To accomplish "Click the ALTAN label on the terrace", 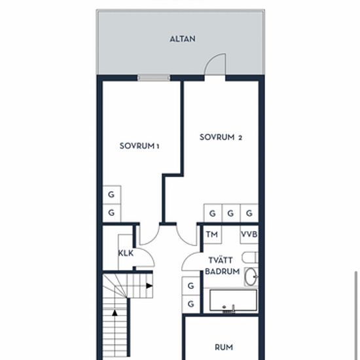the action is pos(183,39).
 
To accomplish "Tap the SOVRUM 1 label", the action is pos(139,146).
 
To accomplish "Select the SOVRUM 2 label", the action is pos(221,137).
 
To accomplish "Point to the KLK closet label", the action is pos(126,253).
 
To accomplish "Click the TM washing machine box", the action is pos(212,234).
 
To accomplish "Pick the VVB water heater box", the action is pos(249,234).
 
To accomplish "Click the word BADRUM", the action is pos(223,272).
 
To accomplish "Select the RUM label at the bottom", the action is pos(224,347).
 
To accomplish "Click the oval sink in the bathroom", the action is pos(250,277).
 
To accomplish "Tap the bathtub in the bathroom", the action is pos(233,300).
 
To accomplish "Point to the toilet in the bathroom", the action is pos(250,257).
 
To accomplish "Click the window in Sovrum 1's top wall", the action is pos(154,78).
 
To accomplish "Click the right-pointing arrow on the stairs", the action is pos(149,286).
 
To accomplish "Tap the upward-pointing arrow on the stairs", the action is pos(115,313).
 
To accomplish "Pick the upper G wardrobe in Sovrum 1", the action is pos(111,194).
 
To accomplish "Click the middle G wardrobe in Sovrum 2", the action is pos(231,213).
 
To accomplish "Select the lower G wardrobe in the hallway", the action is pos(190,304).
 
